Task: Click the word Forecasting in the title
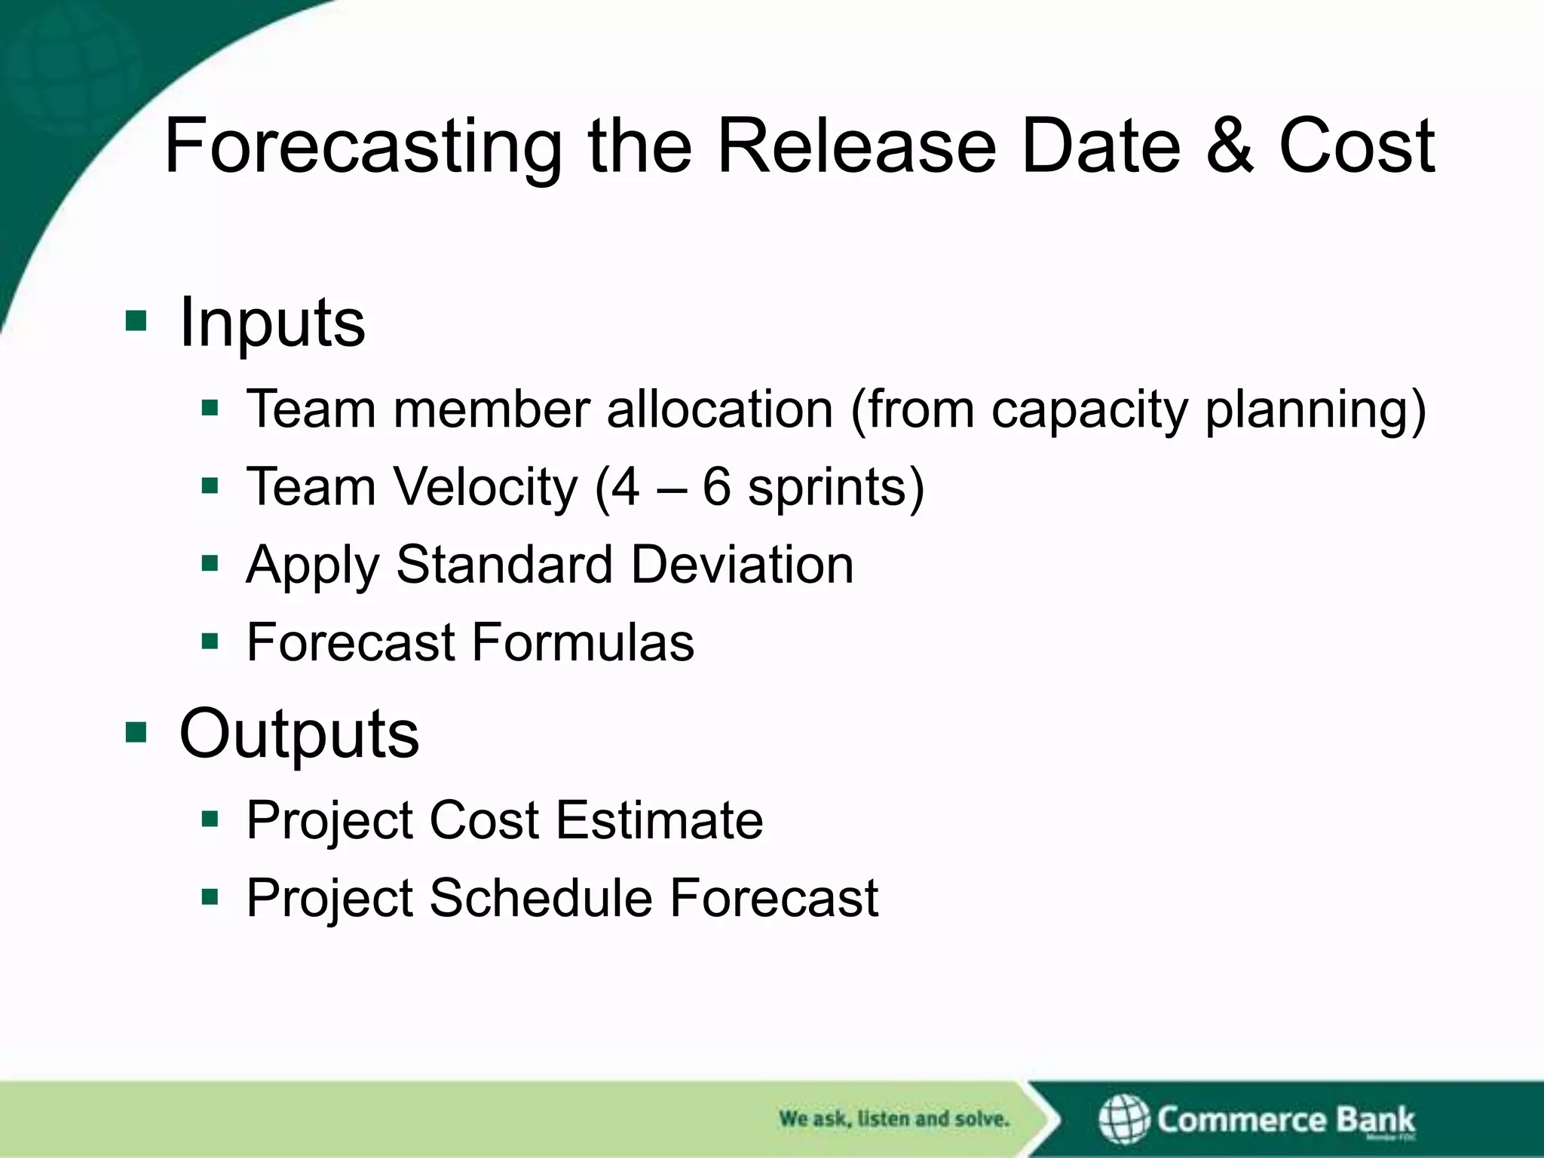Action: [363, 147]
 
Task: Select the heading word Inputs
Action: [272, 323]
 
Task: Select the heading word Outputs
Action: [299, 734]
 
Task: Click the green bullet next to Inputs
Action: [136, 321]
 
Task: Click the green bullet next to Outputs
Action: [136, 731]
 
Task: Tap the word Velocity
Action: [487, 487]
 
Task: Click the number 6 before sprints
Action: [716, 487]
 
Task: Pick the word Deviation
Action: [742, 565]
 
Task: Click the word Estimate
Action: [660, 820]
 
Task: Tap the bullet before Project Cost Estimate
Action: [210, 819]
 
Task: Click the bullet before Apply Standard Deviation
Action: [210, 563]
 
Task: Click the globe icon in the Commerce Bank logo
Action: [1123, 1120]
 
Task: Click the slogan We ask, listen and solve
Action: [893, 1119]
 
